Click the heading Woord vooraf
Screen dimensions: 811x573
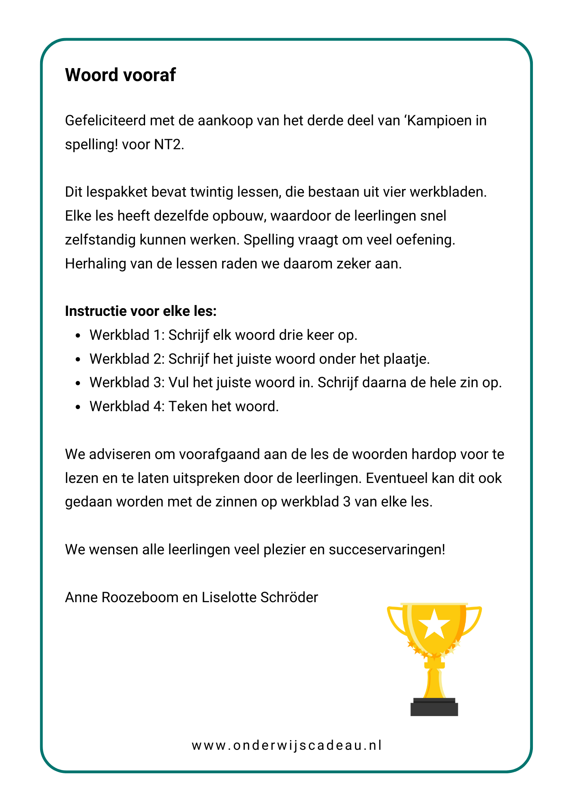pos(120,75)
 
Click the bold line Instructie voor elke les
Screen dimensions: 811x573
pos(141,311)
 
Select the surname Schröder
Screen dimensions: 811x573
pos(289,598)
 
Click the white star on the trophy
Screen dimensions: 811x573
pos(434,624)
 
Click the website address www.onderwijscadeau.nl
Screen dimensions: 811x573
pos(287,745)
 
